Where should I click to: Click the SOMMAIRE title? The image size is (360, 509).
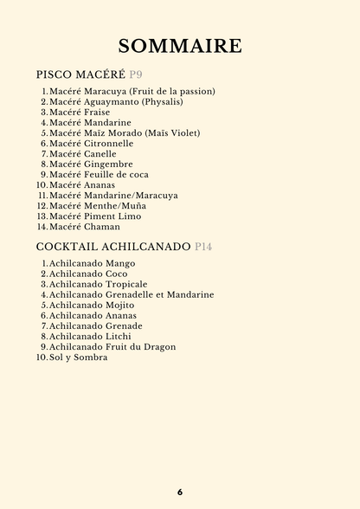pyautogui.click(x=180, y=46)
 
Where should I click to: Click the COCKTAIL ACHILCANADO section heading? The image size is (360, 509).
pyautogui.click(x=113, y=247)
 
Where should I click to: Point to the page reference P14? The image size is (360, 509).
pyautogui.click(x=203, y=247)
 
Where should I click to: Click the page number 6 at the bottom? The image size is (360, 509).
pyautogui.click(x=180, y=492)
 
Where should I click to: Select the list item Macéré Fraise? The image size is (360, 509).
pyautogui.click(x=80, y=113)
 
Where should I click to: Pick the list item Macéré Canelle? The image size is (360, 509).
pyautogui.click(x=82, y=154)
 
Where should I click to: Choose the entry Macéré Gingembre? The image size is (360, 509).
pyautogui.click(x=91, y=164)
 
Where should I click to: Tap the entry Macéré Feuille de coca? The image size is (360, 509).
pyautogui.click(x=99, y=175)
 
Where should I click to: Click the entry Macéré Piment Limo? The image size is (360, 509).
pyautogui.click(x=95, y=216)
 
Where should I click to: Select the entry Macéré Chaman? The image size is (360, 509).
pyautogui.click(x=85, y=227)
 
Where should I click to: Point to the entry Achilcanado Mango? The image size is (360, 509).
pyautogui.click(x=92, y=263)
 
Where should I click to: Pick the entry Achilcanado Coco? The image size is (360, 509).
pyautogui.click(x=88, y=274)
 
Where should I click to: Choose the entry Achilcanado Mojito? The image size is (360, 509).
pyautogui.click(x=92, y=305)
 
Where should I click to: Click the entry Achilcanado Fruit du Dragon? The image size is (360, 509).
pyautogui.click(x=112, y=346)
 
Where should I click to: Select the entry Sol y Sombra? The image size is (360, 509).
pyautogui.click(x=79, y=357)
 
